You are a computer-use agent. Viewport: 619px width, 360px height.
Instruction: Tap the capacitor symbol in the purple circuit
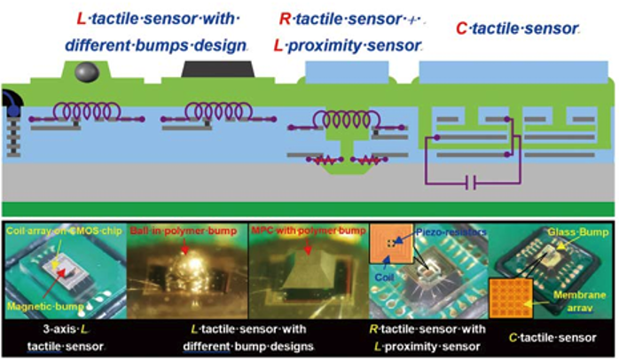tap(473, 184)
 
